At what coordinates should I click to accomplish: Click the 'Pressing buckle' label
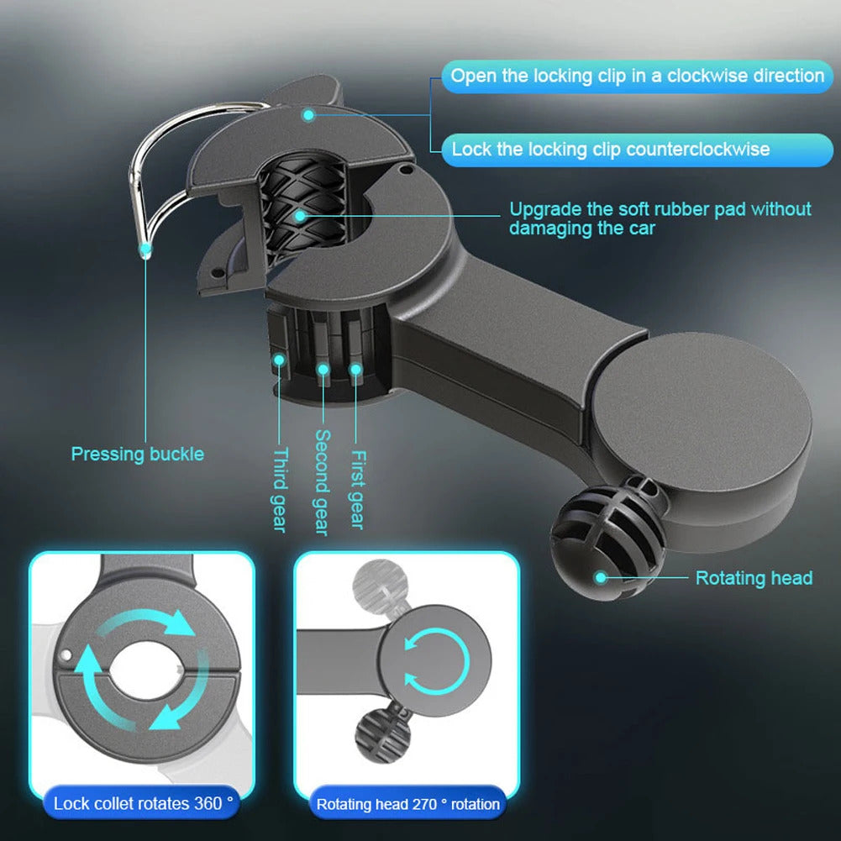tap(137, 455)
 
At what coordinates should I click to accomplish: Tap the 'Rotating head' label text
tap(754, 578)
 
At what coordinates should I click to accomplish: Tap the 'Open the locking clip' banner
tap(637, 76)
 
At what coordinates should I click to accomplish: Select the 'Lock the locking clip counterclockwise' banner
tap(610, 150)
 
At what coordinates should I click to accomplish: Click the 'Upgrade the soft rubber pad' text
tap(660, 218)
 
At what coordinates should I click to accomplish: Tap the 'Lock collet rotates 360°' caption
tap(143, 803)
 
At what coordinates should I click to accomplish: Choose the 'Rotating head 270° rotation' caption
tap(407, 804)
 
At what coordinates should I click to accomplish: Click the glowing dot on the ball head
tap(601, 576)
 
